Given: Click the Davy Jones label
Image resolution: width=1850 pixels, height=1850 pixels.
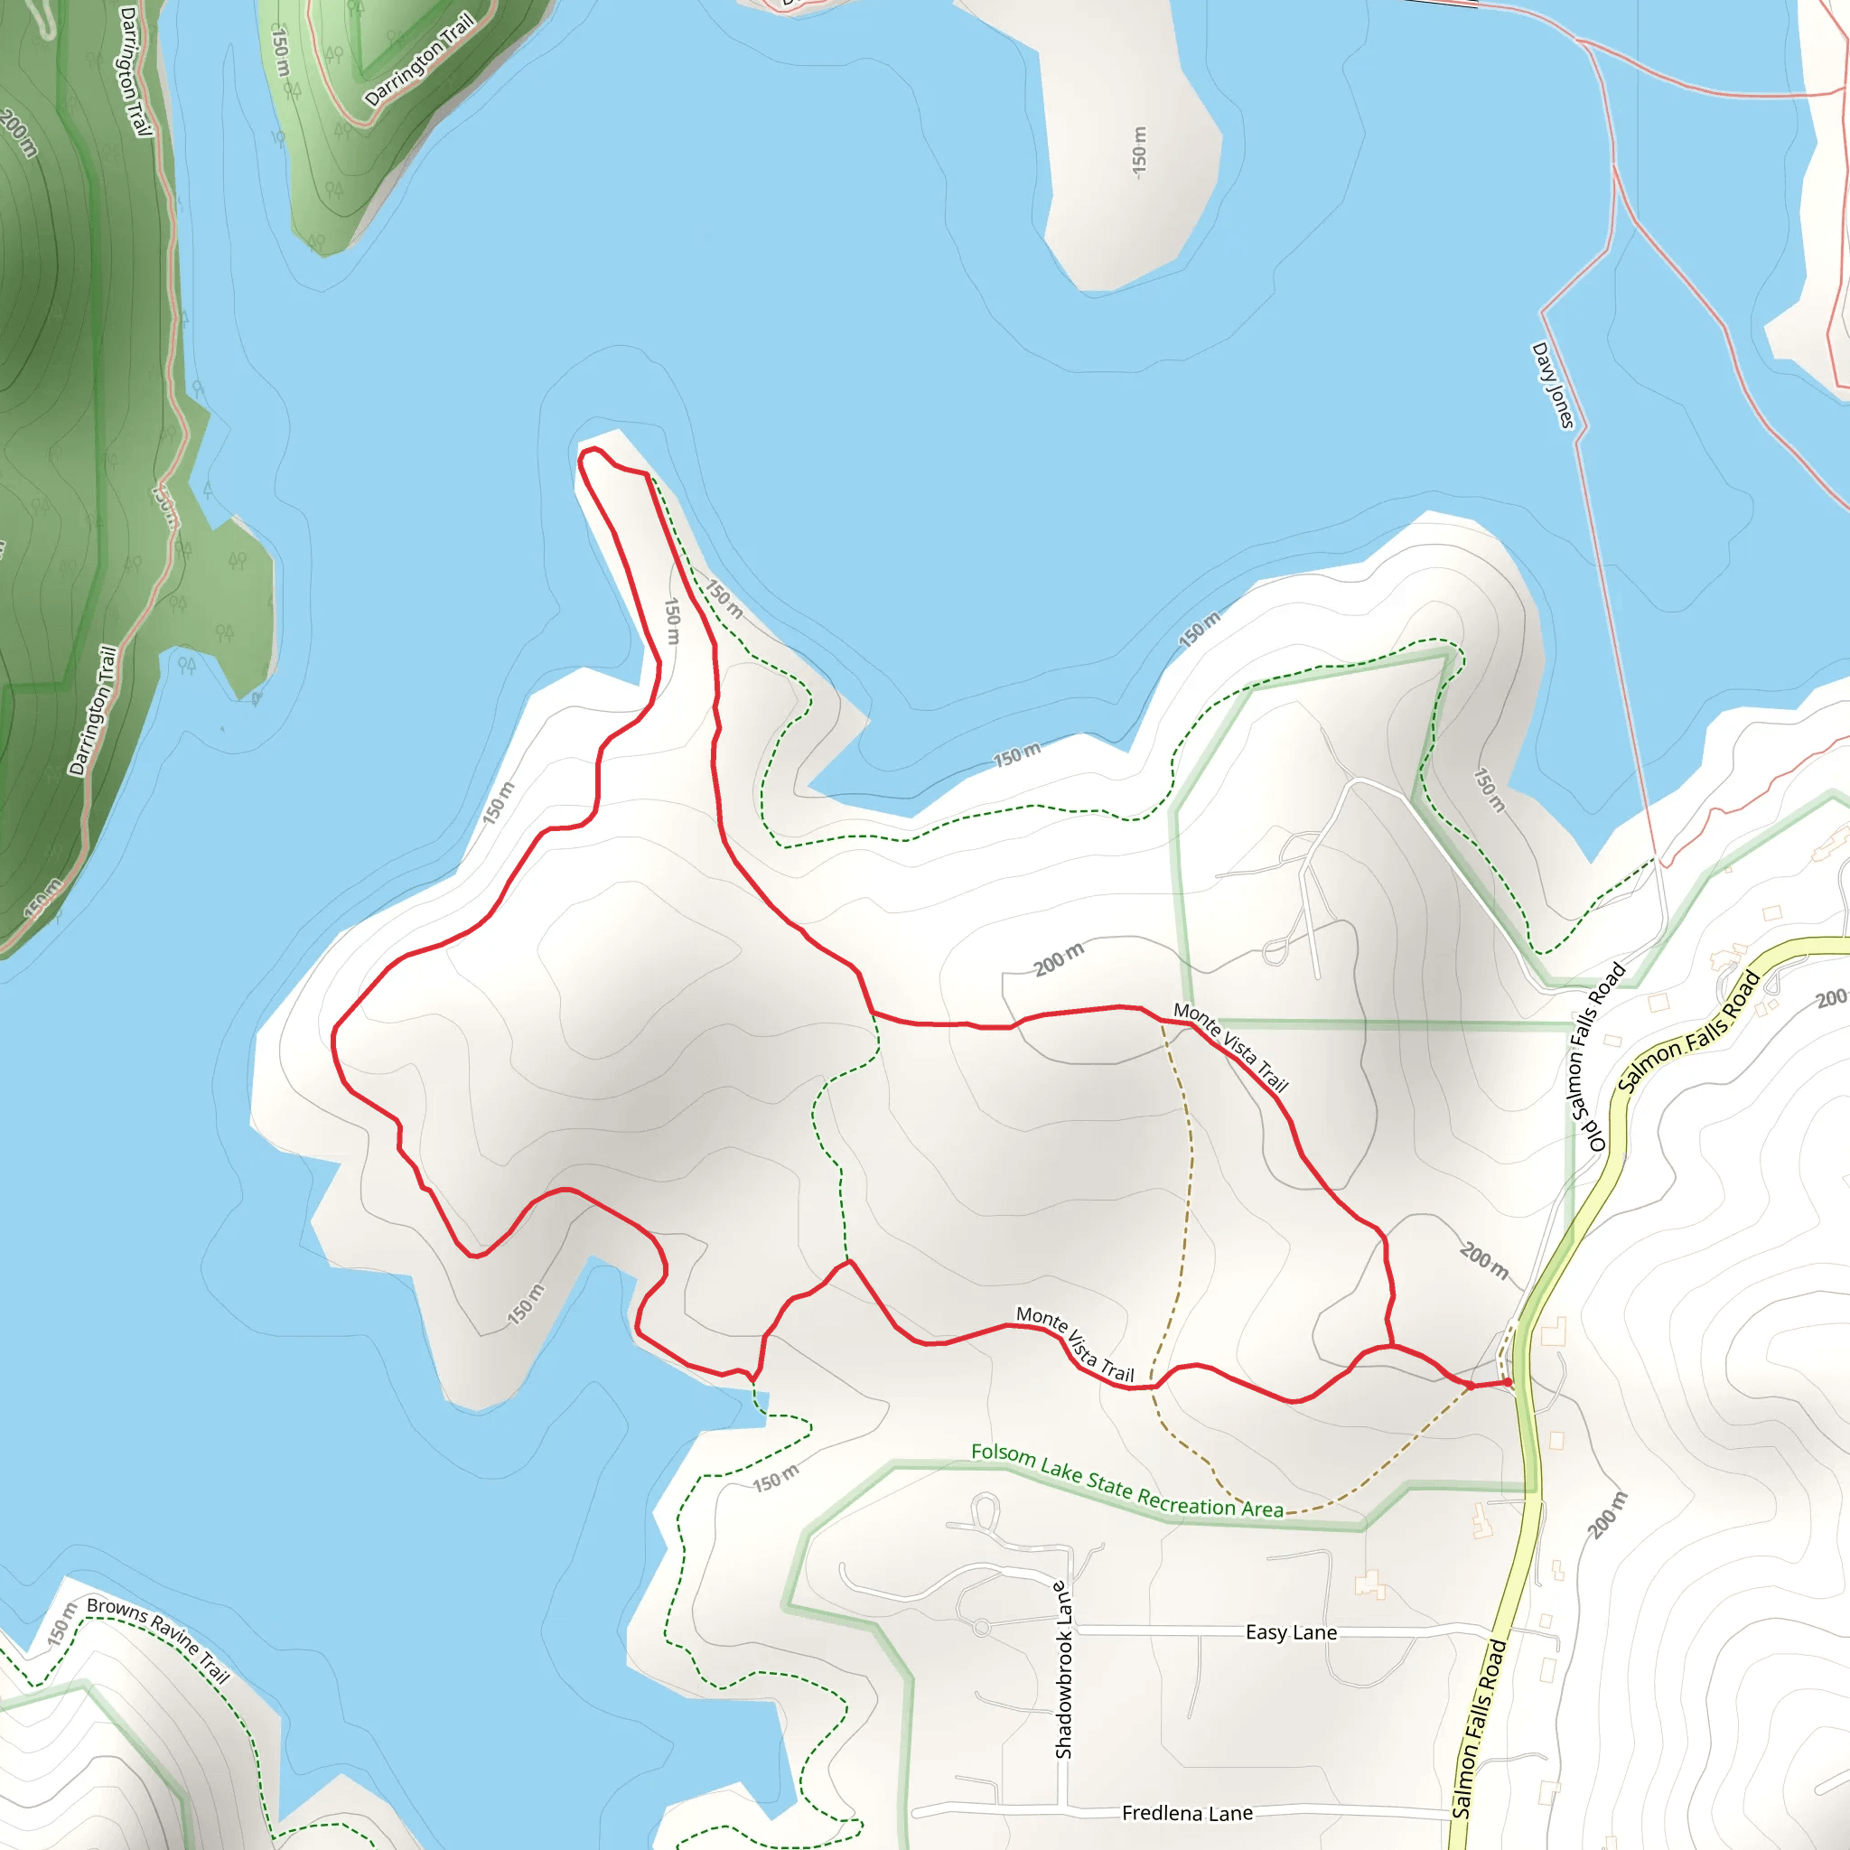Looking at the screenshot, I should [1552, 385].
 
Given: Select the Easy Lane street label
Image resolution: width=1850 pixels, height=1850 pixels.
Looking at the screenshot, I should [1291, 1631].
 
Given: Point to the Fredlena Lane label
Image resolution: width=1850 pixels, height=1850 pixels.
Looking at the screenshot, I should [1187, 1813].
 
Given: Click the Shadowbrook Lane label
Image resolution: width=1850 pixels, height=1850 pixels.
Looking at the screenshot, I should [1064, 1670].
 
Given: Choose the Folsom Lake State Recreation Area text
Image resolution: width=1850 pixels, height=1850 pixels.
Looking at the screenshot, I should [1127, 1481].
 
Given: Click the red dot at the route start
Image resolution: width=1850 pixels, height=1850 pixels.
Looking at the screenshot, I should [1509, 1382].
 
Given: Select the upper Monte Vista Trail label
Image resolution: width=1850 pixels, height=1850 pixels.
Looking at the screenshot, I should [1230, 1047].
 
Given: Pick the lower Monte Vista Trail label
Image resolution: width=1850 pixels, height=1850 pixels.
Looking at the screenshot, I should [1074, 1343].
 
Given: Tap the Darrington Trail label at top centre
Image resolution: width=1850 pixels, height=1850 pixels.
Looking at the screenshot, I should [419, 60].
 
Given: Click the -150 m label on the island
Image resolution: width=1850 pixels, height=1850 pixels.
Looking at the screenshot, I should [1138, 151].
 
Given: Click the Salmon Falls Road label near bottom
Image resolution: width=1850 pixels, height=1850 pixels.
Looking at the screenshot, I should [1479, 1728].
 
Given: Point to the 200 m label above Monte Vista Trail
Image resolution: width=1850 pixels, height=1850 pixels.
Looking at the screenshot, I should [1059, 958].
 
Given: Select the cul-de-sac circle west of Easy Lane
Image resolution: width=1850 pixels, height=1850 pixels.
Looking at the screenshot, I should [980, 1627].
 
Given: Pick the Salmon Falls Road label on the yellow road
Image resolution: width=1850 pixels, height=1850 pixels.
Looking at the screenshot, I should [1689, 1032].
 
